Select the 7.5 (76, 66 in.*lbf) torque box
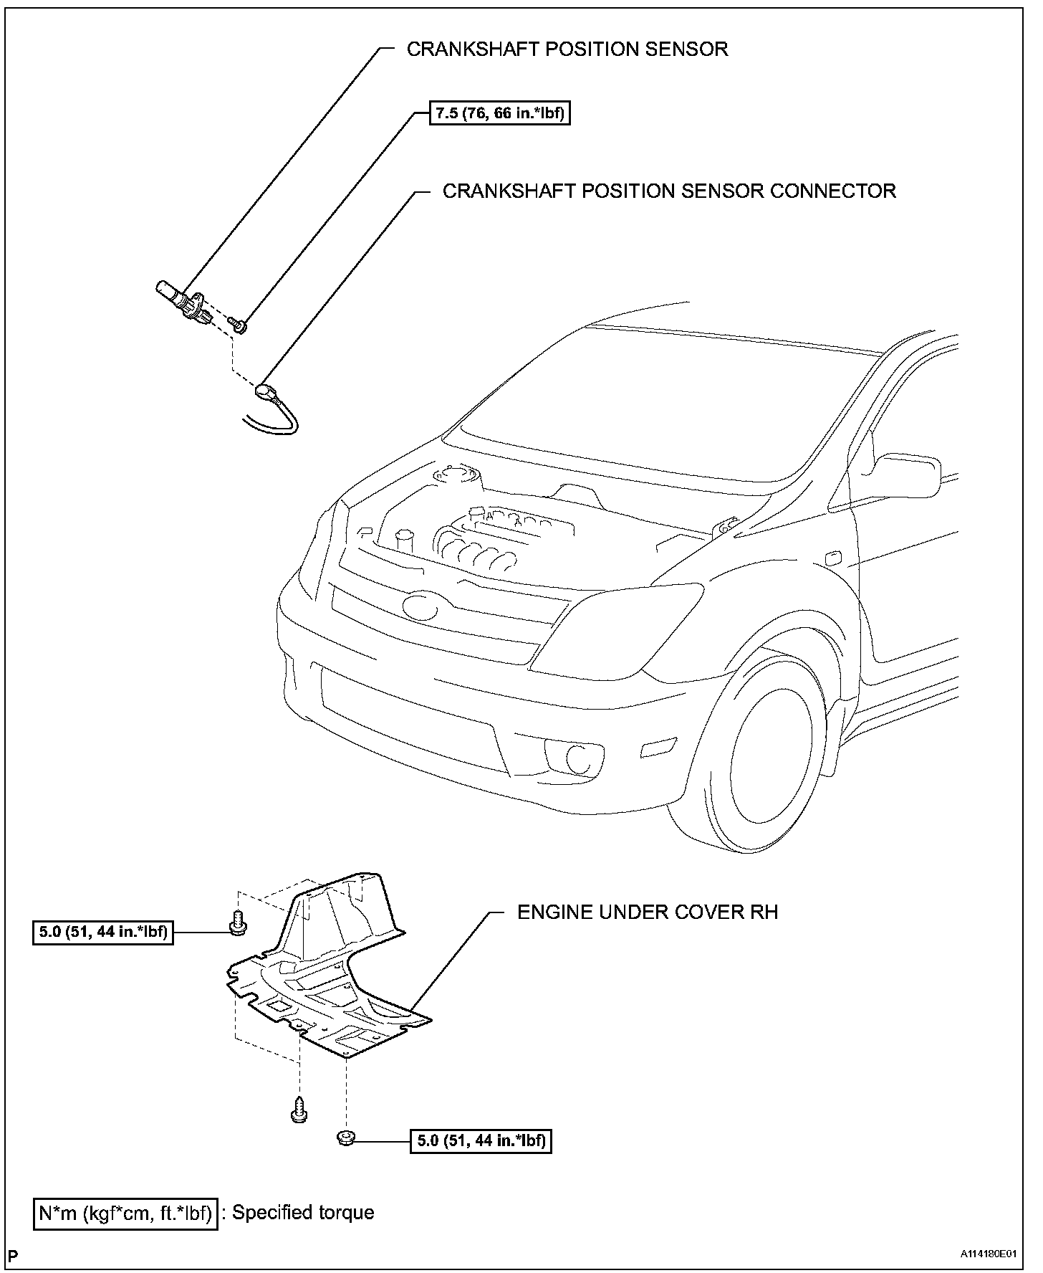[500, 113]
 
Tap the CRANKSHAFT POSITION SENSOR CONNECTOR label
[669, 191]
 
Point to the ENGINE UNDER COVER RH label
[648, 912]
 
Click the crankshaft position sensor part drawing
[181, 300]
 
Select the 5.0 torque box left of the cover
[103, 933]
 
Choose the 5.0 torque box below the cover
[481, 1140]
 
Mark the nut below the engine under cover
[345, 1138]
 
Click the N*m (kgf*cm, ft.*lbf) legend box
[125, 1213]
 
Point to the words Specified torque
[303, 1213]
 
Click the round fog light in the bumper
[577, 756]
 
